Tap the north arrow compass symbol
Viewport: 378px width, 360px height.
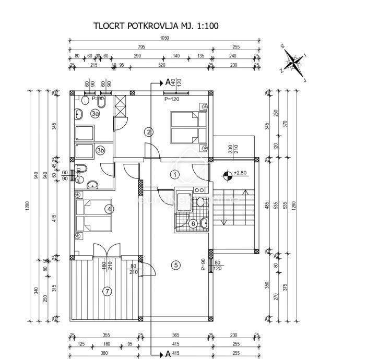pyautogui.click(x=295, y=63)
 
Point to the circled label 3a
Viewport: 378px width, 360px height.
pyautogui.click(x=95, y=113)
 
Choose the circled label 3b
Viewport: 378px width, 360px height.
pyautogui.click(x=101, y=151)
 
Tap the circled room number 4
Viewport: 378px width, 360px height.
pyautogui.click(x=109, y=209)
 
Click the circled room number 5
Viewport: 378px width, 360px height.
pyautogui.click(x=176, y=265)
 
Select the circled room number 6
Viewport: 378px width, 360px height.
pyautogui.click(x=193, y=223)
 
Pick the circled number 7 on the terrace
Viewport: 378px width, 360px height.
pyautogui.click(x=107, y=291)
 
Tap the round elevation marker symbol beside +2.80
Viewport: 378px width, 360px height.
pyautogui.click(x=228, y=176)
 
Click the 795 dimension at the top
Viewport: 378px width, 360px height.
pyautogui.click(x=141, y=47)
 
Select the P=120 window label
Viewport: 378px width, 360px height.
pyautogui.click(x=171, y=98)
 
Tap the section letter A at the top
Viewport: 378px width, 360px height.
pyautogui.click(x=168, y=81)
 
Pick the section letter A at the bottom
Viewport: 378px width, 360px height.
pyautogui.click(x=168, y=354)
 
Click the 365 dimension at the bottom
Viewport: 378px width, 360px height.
pyautogui.click(x=175, y=335)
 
